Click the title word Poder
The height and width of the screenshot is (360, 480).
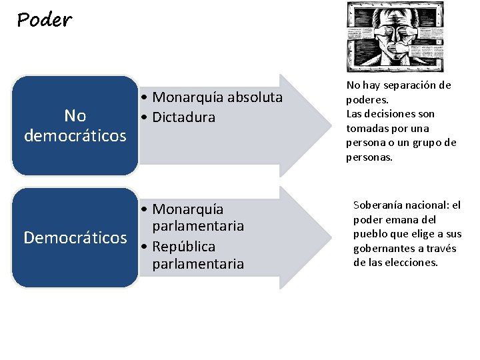pos(44,20)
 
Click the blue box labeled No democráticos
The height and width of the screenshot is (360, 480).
pos(75,125)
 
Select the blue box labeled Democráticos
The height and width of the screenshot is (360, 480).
pos(75,238)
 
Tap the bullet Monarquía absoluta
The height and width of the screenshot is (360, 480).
pos(212,97)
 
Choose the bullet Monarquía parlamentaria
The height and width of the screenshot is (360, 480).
pos(193,218)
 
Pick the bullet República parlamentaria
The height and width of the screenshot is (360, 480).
pos(193,255)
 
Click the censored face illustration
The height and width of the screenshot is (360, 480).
pos(394,37)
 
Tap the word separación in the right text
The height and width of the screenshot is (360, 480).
pos(413,85)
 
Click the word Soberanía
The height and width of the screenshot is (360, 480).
pos(377,205)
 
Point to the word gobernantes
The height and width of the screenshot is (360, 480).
pos(384,248)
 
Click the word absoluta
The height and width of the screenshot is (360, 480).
pos(255,97)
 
